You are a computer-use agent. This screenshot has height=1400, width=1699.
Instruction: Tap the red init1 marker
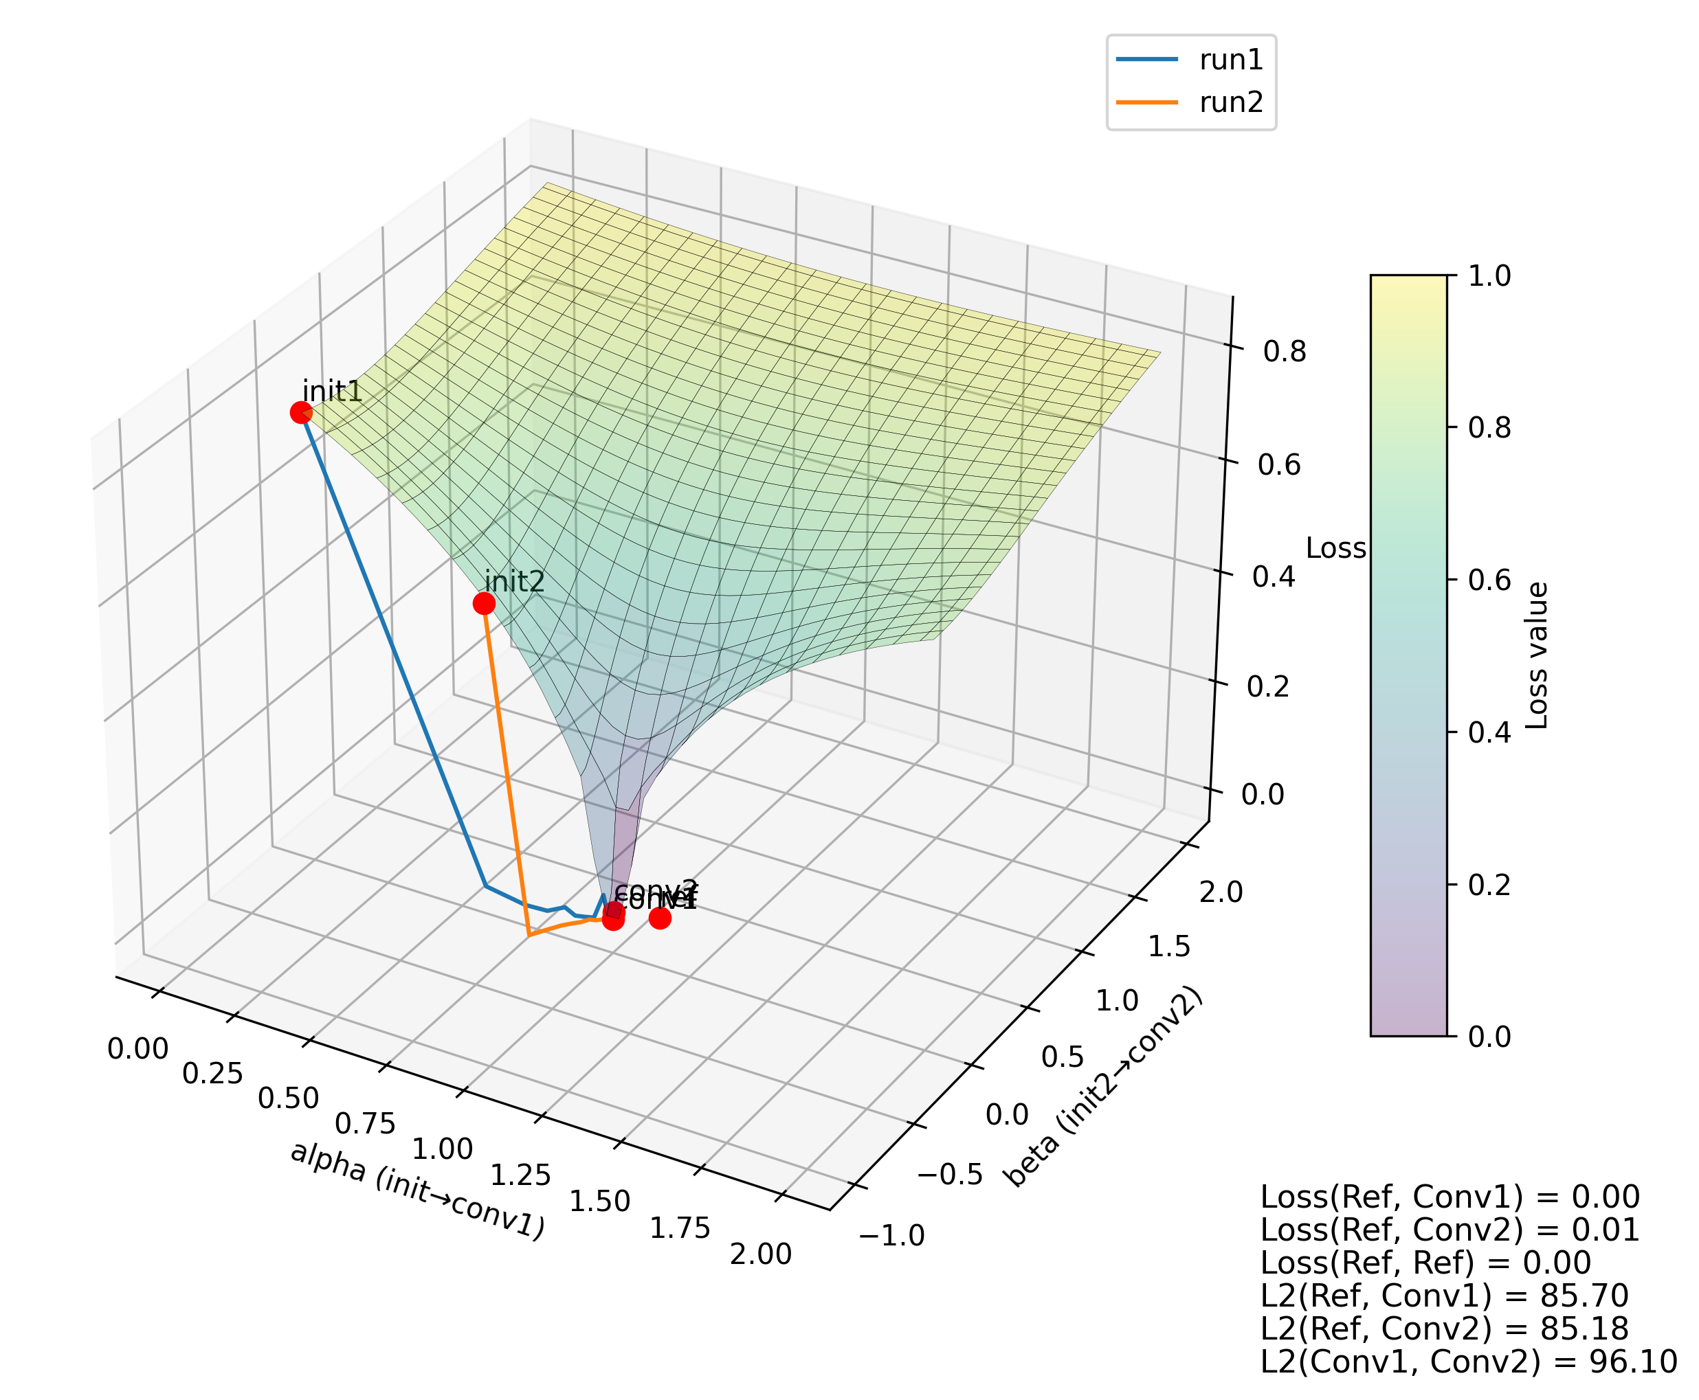(301, 413)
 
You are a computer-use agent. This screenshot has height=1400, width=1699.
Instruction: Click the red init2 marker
(483, 602)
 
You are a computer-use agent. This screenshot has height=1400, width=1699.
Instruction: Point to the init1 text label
(331, 391)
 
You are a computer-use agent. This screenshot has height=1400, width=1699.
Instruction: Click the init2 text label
(514, 581)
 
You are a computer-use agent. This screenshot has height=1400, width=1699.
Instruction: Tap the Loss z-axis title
(1335, 548)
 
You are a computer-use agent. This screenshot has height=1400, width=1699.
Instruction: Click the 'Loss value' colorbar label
(1537, 655)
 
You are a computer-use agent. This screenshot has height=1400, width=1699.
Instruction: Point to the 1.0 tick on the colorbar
(1489, 275)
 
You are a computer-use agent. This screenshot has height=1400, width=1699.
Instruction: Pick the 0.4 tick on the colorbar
(1489, 732)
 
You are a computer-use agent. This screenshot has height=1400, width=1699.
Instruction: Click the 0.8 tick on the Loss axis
(1285, 352)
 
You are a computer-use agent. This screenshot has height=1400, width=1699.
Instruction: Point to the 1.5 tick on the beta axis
(1169, 947)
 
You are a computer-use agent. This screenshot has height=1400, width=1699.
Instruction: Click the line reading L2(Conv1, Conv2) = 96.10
(1468, 1362)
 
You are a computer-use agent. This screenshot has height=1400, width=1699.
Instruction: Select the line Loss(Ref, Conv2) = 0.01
(1450, 1230)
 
